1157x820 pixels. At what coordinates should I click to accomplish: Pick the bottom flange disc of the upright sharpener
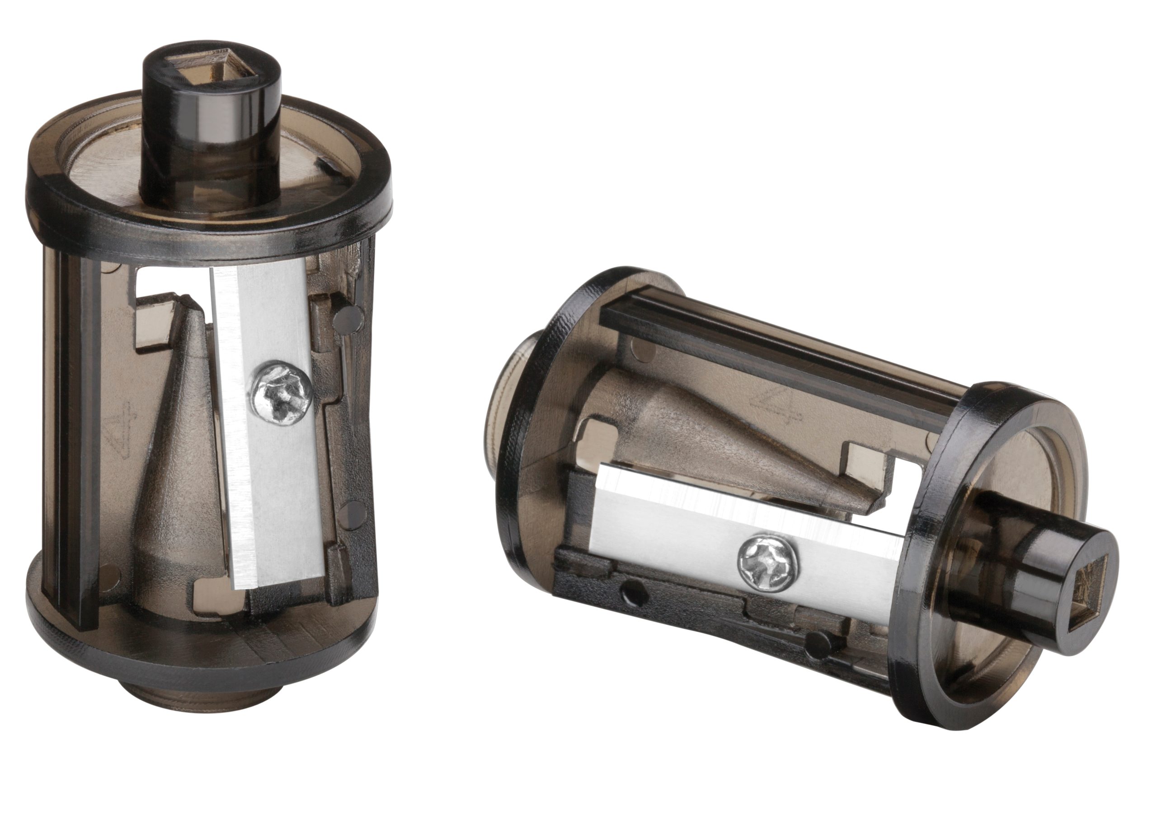[202, 656]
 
